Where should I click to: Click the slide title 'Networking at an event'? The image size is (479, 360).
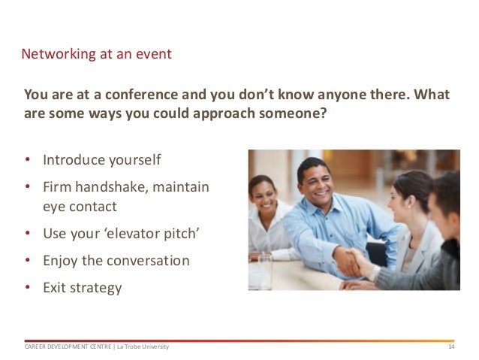pyautogui.click(x=96, y=54)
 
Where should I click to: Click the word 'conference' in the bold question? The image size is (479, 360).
pyautogui.click(x=141, y=95)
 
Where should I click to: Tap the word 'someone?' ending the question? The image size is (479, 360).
pyautogui.click(x=293, y=113)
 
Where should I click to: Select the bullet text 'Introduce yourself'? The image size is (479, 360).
pyautogui.click(x=101, y=160)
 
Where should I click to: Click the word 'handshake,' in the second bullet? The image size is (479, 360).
pyautogui.click(x=112, y=187)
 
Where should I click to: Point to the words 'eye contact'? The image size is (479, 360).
pyautogui.click(x=80, y=207)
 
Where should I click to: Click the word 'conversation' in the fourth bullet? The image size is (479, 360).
pyautogui.click(x=148, y=261)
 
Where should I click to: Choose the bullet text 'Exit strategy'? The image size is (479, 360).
pyautogui.click(x=83, y=288)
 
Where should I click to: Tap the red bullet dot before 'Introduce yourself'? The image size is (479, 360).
pyautogui.click(x=28, y=159)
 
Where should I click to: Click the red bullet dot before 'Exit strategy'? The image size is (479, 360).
pyautogui.click(x=28, y=287)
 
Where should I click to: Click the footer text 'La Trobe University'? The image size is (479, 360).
pyautogui.click(x=143, y=347)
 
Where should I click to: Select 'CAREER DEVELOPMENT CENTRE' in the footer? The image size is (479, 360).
pyautogui.click(x=68, y=347)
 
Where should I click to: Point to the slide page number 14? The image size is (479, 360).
pyautogui.click(x=451, y=347)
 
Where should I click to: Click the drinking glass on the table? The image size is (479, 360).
pyautogui.click(x=265, y=272)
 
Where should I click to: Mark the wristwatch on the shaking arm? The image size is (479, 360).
pyautogui.click(x=375, y=273)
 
